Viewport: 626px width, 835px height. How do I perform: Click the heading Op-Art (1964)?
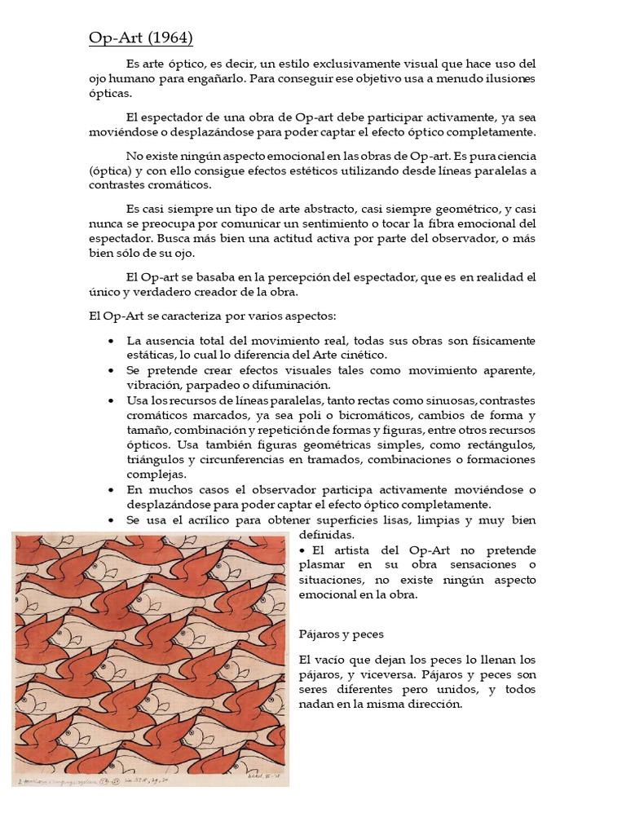(140, 38)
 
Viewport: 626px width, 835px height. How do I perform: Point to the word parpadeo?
(215, 385)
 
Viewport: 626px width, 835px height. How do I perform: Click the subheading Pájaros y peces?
(341, 634)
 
